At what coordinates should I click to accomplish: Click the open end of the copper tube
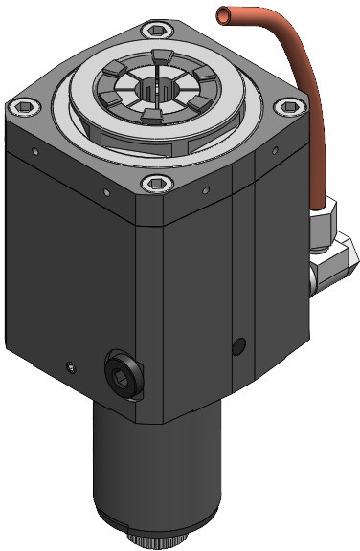click(x=223, y=14)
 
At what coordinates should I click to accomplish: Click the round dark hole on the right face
click(x=238, y=343)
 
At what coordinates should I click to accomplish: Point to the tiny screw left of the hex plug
click(x=69, y=364)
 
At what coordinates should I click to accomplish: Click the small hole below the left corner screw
click(x=34, y=150)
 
